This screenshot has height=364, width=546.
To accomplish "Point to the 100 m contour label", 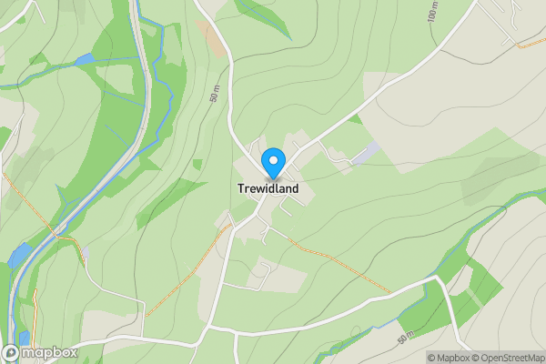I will coord(431,11).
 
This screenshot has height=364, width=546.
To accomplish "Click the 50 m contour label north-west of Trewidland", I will coord(214,94).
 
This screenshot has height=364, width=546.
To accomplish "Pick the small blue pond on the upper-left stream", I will coord(84,59).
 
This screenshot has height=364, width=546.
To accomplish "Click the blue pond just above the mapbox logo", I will coord(25,337).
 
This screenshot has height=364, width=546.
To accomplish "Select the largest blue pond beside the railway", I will coord(18,256).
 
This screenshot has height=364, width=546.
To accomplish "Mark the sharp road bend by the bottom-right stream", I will coord(435,279).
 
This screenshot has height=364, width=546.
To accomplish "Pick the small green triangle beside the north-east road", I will coord(354,118).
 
